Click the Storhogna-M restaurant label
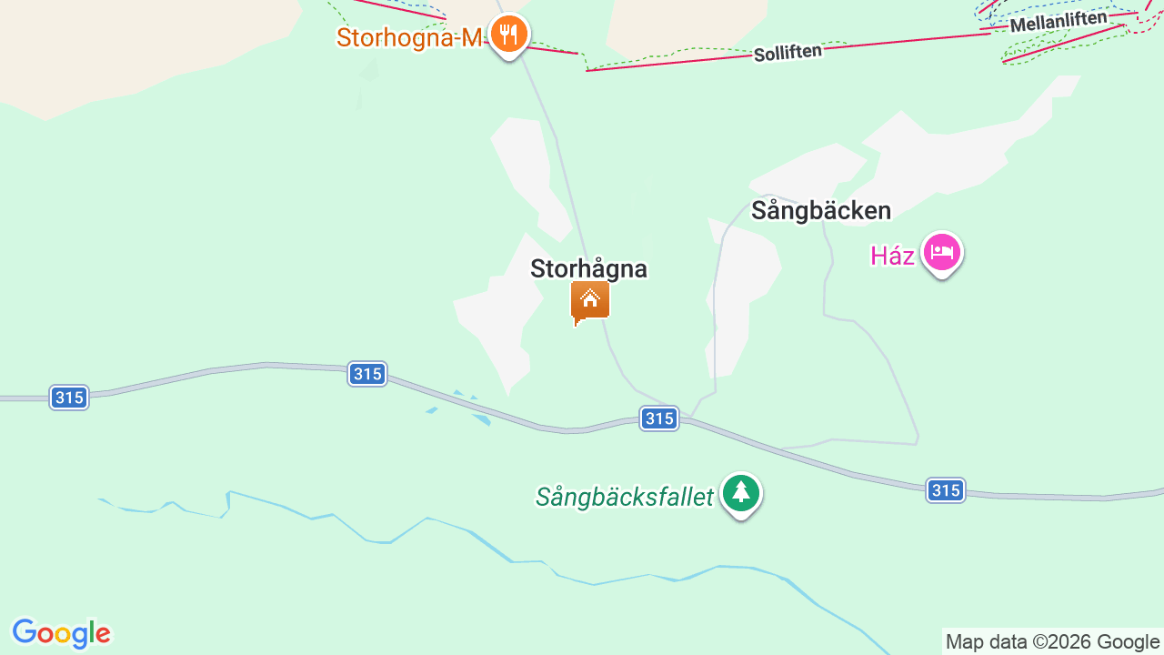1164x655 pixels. pos(407,37)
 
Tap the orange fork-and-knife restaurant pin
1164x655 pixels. pos(508,35)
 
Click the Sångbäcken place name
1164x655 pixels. pos(820,211)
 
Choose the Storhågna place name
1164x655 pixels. pos(588,269)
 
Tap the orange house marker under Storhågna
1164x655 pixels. pos(589,301)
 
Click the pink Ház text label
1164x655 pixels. pos(892,257)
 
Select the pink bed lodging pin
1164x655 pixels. pos(941,252)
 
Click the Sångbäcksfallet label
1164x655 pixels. pos(624,497)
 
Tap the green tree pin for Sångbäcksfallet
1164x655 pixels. pos(741,493)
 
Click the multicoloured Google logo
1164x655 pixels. pos(61,633)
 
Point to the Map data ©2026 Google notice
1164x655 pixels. pos(1052,641)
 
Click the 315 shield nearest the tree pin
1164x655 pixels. pos(658,418)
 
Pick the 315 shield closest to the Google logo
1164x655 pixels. pos(69,398)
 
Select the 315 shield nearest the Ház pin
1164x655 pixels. pos(946,490)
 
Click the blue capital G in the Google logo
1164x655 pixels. pos(23,632)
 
